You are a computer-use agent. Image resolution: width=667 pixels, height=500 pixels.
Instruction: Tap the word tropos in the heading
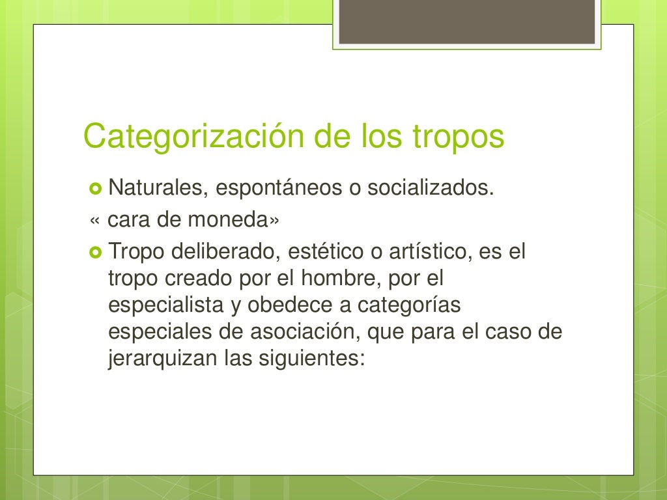click(x=459, y=138)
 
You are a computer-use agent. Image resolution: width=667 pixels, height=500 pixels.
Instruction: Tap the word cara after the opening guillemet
click(x=129, y=220)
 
